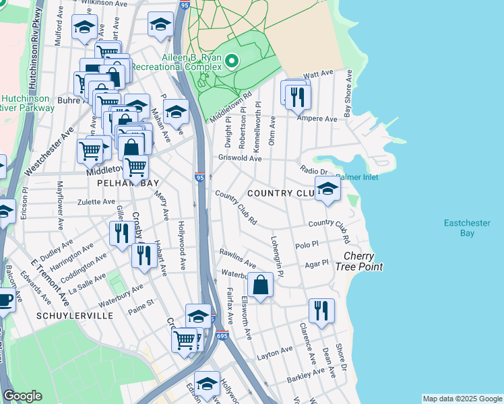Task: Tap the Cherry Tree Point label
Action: point(363,261)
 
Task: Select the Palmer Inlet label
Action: point(356,177)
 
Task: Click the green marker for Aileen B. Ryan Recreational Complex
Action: point(232,63)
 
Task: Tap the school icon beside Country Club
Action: point(327,189)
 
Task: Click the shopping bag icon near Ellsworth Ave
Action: point(261,285)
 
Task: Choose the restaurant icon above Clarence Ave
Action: point(321,310)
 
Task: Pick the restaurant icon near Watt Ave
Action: point(297,97)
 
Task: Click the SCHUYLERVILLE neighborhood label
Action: point(74,315)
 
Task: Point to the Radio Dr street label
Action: point(313,171)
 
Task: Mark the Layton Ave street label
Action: point(275,351)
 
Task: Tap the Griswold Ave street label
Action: point(239,158)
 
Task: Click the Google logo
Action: point(23,396)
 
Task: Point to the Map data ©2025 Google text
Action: point(462,399)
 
